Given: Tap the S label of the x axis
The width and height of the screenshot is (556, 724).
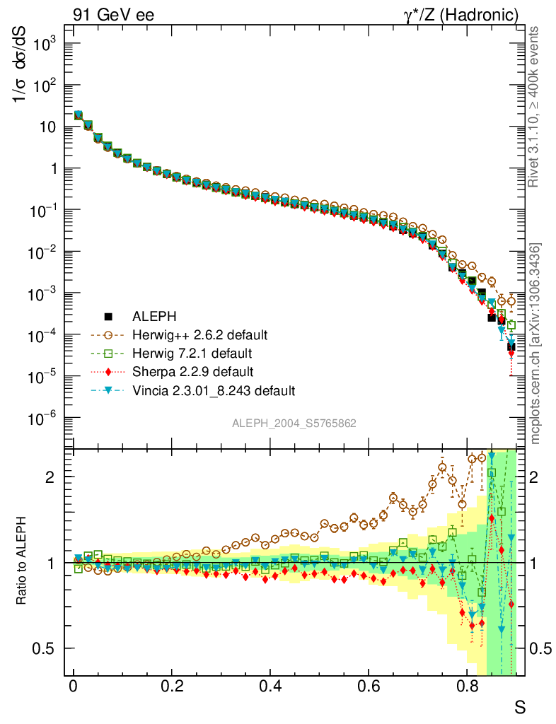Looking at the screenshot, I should [519, 706].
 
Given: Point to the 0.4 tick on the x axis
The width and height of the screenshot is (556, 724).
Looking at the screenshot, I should [270, 685].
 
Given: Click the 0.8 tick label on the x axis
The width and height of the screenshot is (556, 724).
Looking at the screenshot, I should [466, 685].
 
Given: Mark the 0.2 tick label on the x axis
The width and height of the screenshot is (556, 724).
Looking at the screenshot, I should [171, 685].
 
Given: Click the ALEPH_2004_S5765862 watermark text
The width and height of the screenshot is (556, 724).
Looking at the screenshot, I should [294, 423].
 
